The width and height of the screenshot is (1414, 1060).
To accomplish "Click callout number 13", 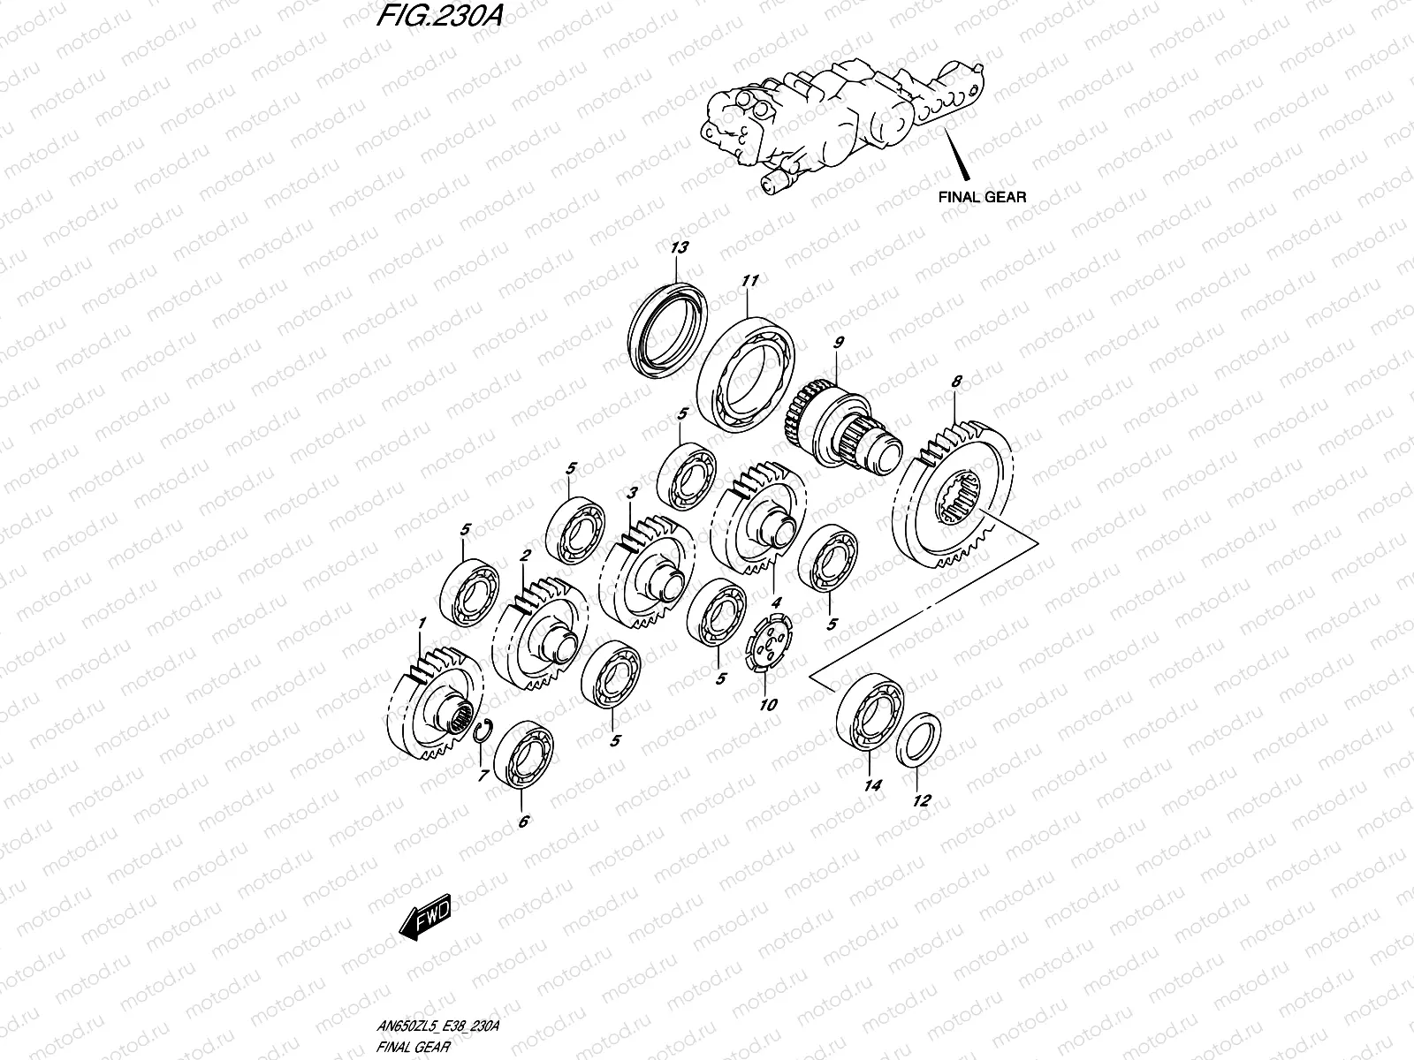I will point(679,248).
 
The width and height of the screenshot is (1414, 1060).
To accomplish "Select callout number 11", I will point(750,281).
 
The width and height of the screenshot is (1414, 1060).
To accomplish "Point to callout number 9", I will point(839,341).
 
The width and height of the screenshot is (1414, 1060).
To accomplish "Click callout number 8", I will point(955,382).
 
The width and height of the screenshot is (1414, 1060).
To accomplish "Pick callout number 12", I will point(921,801).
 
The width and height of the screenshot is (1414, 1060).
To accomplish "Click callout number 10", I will point(768,704).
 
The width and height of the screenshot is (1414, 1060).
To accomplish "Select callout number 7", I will point(483,776).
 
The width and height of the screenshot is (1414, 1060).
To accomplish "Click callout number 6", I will point(523,821).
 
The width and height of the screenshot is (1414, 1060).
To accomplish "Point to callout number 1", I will point(422,624).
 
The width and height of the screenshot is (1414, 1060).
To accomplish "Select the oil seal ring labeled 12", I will point(919,741).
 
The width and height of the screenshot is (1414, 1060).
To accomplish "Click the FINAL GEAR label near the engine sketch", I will point(982,196).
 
